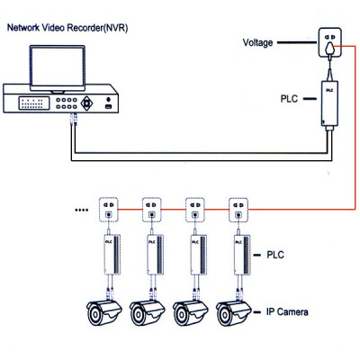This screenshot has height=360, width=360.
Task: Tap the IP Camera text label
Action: point(290,311)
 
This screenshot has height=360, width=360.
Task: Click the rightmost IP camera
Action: point(234,312)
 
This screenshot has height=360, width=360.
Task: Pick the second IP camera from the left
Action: point(148,312)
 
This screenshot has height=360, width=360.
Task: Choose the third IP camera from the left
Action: point(191,312)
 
